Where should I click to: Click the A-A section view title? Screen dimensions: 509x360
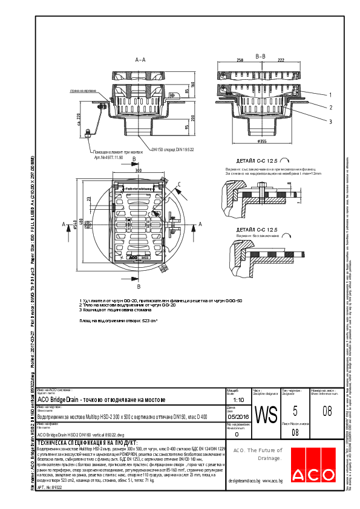point(140,60)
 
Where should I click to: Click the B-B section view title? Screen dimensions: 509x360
point(261,56)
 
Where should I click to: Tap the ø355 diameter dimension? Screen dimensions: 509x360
point(262,141)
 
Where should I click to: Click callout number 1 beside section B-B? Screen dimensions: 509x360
point(330,95)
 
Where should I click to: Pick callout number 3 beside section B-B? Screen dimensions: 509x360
point(330,121)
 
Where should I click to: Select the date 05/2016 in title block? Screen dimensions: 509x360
point(237,417)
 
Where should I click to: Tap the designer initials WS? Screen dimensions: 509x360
point(266,415)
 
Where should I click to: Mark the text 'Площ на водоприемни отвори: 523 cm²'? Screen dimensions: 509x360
point(119,321)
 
